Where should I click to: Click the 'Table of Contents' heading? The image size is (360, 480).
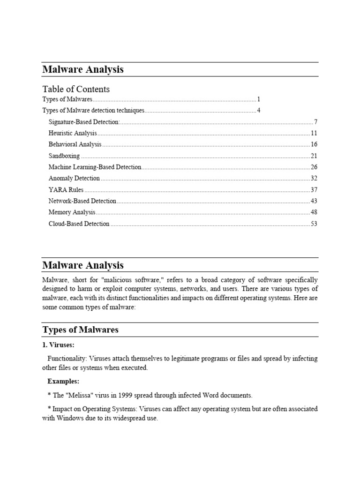click(76, 89)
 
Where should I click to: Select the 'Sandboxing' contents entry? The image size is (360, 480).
click(64, 156)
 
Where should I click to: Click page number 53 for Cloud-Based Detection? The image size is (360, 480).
click(314, 224)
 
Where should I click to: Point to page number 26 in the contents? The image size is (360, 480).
click(314, 167)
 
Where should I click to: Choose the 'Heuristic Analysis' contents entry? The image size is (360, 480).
click(73, 134)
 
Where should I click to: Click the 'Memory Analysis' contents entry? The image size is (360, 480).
click(72, 212)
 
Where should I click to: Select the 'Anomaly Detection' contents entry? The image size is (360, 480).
click(74, 179)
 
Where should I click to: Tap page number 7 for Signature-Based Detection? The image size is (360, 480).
click(316, 122)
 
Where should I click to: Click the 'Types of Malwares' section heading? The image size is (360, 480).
click(80, 330)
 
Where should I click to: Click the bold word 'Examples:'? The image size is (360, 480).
click(63, 381)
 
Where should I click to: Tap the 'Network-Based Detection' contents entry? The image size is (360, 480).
click(82, 201)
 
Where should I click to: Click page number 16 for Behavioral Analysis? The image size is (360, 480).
click(314, 145)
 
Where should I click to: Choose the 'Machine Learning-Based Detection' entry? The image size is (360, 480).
click(95, 167)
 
